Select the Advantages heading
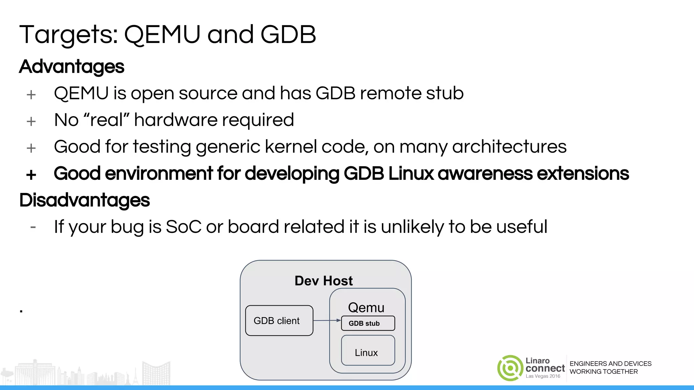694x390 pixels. click(72, 66)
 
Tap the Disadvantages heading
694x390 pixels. click(84, 200)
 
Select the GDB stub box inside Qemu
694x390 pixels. click(368, 323)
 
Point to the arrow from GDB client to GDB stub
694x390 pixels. click(327, 320)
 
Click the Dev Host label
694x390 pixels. click(324, 281)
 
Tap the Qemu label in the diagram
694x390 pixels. click(366, 307)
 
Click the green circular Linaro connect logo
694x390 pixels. click(510, 368)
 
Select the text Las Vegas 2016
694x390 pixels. click(543, 376)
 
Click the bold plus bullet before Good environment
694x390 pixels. click(31, 175)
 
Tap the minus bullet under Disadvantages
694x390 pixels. click(33, 227)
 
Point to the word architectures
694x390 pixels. click(509, 147)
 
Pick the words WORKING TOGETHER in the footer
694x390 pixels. click(604, 371)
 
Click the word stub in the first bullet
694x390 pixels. click(445, 93)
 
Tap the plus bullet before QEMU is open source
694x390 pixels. click(31, 95)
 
